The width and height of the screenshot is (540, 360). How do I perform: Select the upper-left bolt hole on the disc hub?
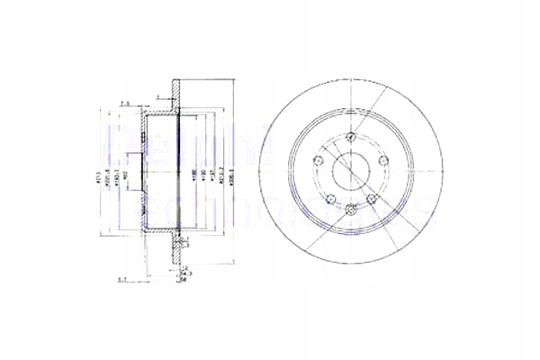pos(317,160)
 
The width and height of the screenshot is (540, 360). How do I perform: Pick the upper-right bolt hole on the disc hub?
pos(382,160)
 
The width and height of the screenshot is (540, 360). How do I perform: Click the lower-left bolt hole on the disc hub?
pos(329,198)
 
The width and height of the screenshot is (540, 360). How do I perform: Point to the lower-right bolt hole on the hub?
pos(370,198)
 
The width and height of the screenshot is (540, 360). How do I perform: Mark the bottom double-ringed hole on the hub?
pos(349,210)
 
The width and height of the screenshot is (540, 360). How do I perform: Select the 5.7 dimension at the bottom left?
pos(121,281)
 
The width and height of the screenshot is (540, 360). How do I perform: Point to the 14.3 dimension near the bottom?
pos(185,273)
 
